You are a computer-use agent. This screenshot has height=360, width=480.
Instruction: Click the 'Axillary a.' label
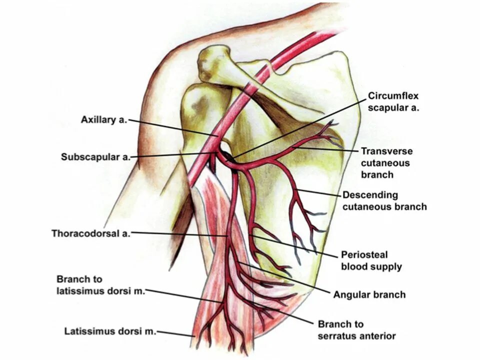tap(104, 120)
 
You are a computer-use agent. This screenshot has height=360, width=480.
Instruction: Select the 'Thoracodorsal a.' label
tap(90, 233)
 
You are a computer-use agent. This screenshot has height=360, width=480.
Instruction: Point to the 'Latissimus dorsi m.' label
tap(110, 331)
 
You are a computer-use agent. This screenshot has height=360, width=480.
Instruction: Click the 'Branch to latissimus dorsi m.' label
tap(100, 285)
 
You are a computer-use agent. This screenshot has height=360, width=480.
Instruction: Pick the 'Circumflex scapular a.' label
tap(393, 101)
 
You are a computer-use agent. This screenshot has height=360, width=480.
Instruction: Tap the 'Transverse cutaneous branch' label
tap(386, 162)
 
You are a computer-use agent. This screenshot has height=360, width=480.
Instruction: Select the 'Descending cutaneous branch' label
tap(384, 200)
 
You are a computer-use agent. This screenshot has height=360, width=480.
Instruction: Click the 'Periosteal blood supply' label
tap(371, 260)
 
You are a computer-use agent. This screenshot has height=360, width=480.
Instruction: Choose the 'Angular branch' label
tap(369, 294)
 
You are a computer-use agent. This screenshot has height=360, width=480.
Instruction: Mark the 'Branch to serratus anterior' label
tap(356, 330)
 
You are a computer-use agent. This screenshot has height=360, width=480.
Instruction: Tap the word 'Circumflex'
tap(393, 95)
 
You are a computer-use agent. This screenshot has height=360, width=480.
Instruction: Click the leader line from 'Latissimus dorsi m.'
tap(175, 333)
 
